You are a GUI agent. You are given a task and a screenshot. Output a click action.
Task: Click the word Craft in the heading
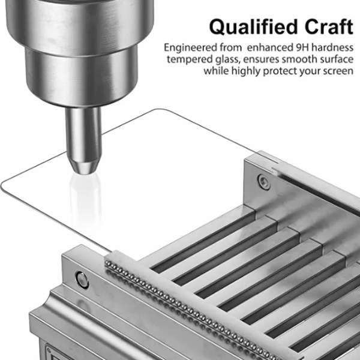coord(329,26)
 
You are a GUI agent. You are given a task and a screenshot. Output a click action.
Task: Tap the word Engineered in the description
coord(191,48)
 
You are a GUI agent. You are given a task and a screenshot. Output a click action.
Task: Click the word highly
coord(245,71)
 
